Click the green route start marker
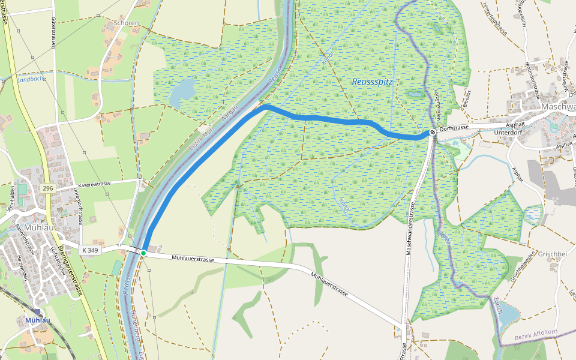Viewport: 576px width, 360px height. point(143,253)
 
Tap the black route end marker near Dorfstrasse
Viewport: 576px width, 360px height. point(433,133)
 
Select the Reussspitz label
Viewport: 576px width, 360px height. point(372,82)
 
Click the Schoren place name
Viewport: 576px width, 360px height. point(126,23)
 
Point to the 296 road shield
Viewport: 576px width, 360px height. point(47,188)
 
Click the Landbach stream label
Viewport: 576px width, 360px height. point(30,79)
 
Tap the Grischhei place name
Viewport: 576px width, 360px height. point(552,254)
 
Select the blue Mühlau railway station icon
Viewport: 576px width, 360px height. point(38,313)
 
